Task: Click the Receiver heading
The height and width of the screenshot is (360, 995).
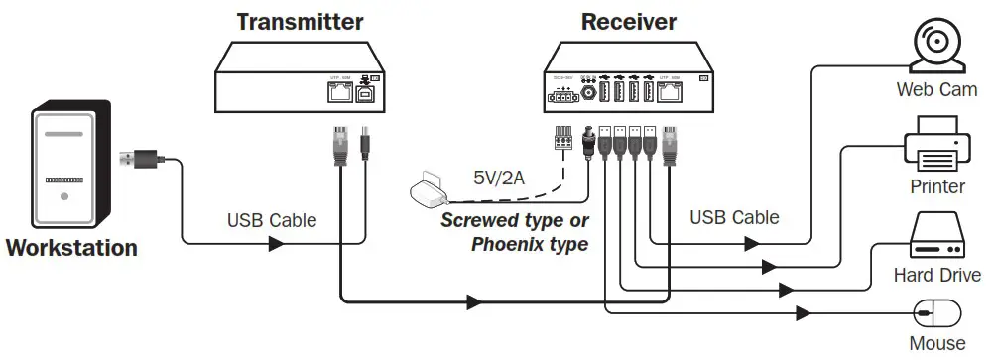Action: click(629, 21)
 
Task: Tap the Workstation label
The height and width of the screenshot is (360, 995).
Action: click(71, 248)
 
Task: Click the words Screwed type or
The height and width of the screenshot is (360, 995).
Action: click(515, 220)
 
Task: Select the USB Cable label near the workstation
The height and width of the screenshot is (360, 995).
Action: click(272, 220)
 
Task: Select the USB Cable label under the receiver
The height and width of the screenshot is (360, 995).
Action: click(734, 217)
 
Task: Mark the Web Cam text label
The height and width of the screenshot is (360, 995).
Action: click(937, 90)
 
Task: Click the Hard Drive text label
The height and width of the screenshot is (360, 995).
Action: click(937, 275)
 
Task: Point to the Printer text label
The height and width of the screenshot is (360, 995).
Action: click(937, 186)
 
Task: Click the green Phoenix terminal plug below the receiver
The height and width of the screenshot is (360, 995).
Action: click(562, 140)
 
